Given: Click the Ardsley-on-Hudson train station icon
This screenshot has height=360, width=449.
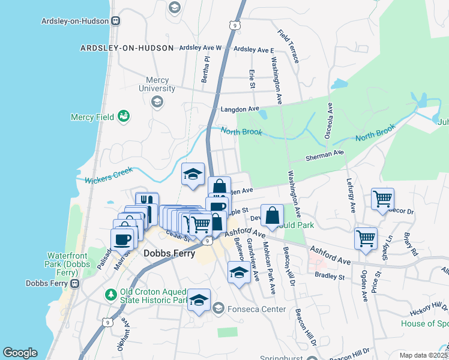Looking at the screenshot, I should pos(114,20).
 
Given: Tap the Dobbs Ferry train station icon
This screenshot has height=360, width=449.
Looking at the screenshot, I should pos(74,283).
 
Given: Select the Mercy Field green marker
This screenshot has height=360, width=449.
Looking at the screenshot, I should pos(124,115).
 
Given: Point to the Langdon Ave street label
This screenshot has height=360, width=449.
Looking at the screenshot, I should pos(240,109).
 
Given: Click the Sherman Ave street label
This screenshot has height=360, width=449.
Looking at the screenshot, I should pos(324,155).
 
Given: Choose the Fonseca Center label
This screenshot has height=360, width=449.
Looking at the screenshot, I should pos(247,308).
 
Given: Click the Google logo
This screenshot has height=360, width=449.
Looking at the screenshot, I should pos(20,353).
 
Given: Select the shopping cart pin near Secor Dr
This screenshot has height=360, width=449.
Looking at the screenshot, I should pos(382,198).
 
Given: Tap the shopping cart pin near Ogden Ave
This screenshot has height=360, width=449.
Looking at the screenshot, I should pos(366,238).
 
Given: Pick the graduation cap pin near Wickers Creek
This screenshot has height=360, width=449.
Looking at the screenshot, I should pos(193,175).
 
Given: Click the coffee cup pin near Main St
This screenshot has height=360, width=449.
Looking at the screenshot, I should pos(123,239).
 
